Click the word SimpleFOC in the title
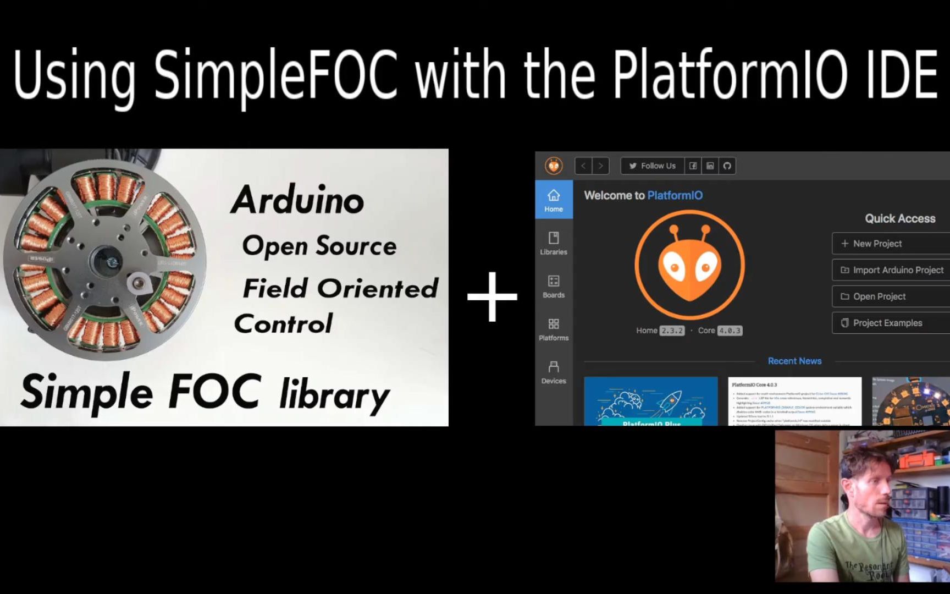click(275, 74)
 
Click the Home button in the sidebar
click(554, 200)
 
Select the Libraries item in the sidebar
click(554, 243)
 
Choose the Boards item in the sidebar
click(554, 286)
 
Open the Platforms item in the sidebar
click(554, 329)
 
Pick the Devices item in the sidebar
click(554, 372)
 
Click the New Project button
click(891, 243)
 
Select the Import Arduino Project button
click(891, 270)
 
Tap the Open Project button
click(891, 296)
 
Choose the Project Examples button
click(891, 323)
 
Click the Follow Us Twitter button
click(652, 166)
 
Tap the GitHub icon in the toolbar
click(727, 166)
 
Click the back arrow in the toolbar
click(583, 166)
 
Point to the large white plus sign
click(492, 296)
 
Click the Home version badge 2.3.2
click(672, 331)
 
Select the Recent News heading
click(794, 361)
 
